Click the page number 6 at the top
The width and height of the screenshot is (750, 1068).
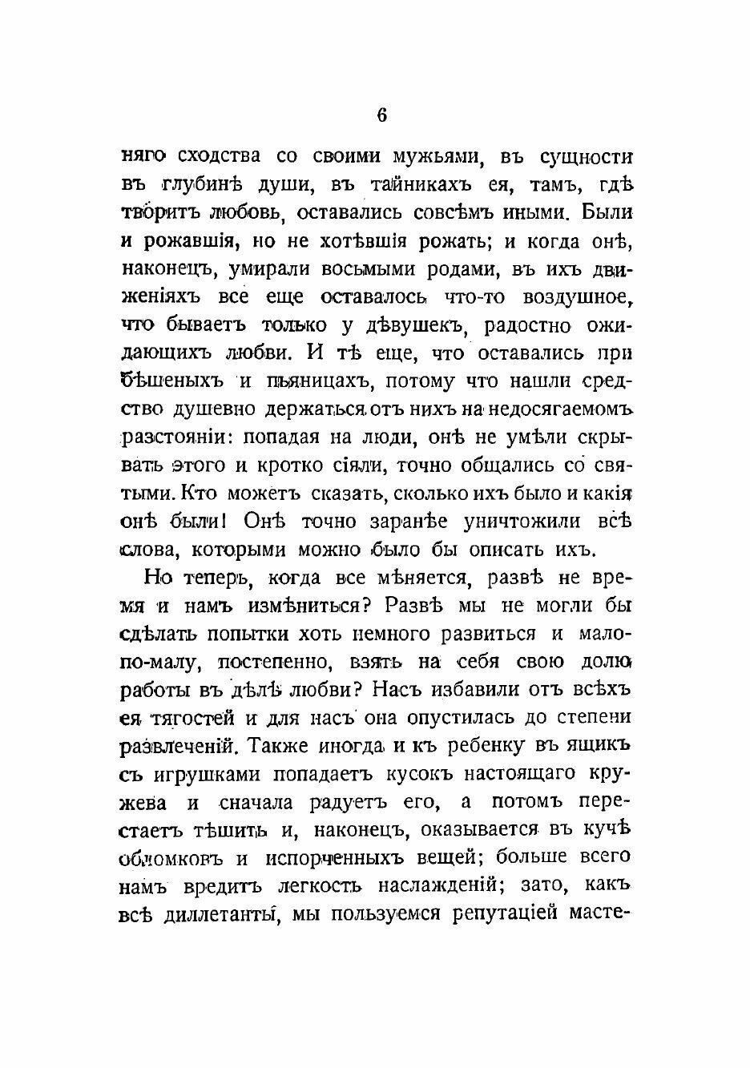[x=381, y=115]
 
